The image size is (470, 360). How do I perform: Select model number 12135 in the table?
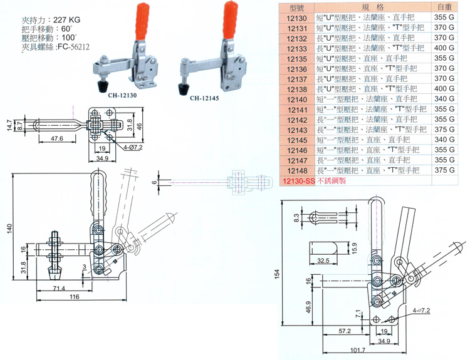[x=296, y=58]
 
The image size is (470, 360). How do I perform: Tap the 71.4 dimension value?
[x=58, y=287]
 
